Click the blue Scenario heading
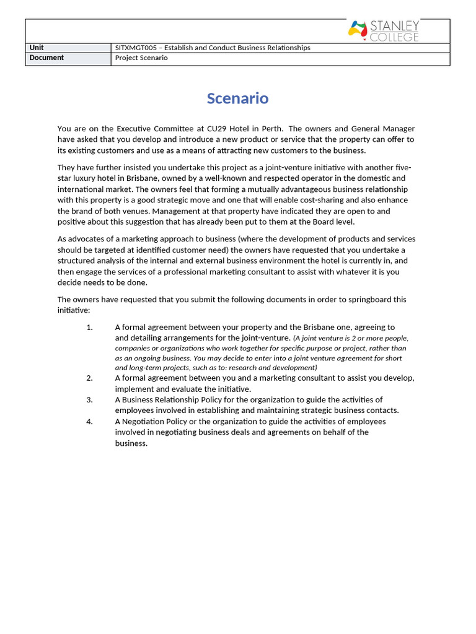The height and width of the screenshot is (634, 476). [x=237, y=98]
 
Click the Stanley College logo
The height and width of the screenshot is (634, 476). [x=384, y=31]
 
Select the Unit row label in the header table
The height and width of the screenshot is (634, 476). [x=37, y=48]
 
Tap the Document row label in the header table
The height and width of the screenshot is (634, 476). [x=46, y=58]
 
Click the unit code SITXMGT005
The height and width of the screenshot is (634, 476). [x=137, y=48]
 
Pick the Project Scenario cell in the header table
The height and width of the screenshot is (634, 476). [x=141, y=58]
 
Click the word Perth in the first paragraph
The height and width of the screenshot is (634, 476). [x=271, y=129]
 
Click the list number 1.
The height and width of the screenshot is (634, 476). [x=89, y=328]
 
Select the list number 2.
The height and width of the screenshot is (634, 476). [x=89, y=378]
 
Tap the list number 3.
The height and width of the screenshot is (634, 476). [x=89, y=400]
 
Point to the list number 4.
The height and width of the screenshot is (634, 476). [x=89, y=422]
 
